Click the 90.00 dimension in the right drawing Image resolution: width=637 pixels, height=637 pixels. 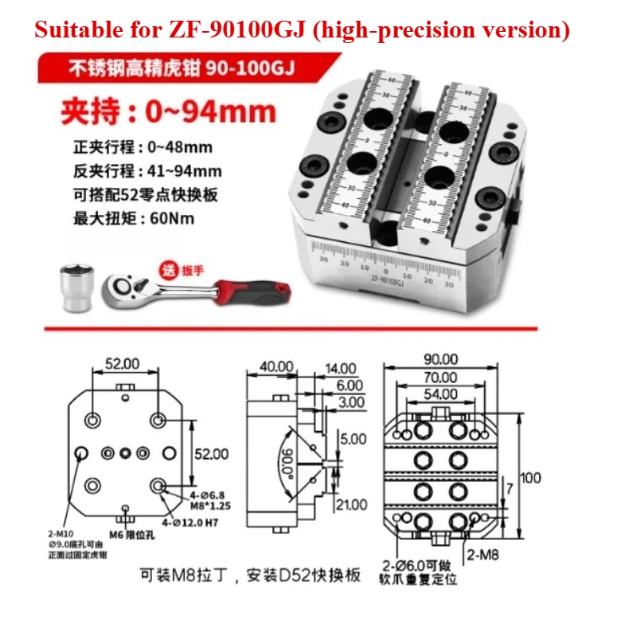click(440, 360)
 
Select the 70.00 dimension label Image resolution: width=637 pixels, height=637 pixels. click(440, 377)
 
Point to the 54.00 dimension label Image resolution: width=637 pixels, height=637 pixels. click(440, 393)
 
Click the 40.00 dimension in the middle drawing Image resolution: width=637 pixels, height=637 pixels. click(276, 366)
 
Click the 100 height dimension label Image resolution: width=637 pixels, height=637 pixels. click(530, 478)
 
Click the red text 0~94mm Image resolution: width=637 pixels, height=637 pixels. click(210, 111)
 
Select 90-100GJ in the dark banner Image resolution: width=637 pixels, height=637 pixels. click(249, 68)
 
